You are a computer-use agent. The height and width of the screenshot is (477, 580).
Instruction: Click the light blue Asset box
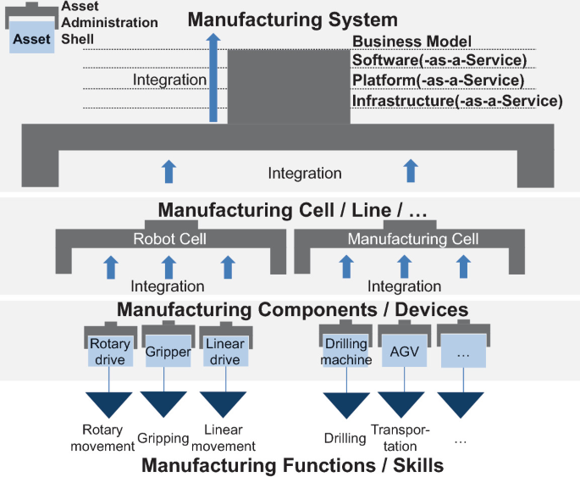point(32,38)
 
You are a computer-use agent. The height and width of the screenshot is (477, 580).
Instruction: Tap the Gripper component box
point(167,352)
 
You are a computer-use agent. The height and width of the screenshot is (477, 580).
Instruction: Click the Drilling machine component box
point(345,352)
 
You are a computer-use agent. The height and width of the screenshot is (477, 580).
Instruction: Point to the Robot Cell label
point(169,239)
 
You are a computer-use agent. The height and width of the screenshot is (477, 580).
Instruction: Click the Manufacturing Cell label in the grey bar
point(407,239)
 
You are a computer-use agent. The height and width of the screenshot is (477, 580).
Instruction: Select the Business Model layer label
point(412,41)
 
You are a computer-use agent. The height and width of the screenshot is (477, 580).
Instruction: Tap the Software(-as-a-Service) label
point(439,60)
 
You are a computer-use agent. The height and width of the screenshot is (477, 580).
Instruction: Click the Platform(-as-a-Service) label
point(438,80)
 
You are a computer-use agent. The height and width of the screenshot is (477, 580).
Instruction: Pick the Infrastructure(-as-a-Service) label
point(457,101)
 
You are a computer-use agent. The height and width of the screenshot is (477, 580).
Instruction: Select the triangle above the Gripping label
point(163,402)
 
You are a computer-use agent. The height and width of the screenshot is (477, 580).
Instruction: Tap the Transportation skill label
point(400,438)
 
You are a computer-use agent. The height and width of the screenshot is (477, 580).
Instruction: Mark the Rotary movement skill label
point(108,438)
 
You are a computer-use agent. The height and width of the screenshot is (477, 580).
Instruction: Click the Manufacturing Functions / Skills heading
point(292,465)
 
